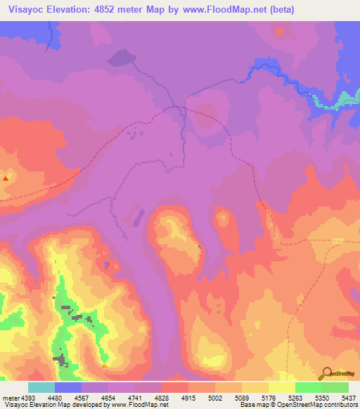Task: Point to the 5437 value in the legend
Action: coord(347,397)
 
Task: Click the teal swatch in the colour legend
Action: coord(41,387)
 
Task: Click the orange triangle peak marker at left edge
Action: coord(6,178)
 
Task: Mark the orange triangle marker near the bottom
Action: coord(104,365)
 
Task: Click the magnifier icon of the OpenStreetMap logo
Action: coord(326,372)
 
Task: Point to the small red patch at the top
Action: coord(281,31)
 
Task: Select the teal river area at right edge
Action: coord(336,102)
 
